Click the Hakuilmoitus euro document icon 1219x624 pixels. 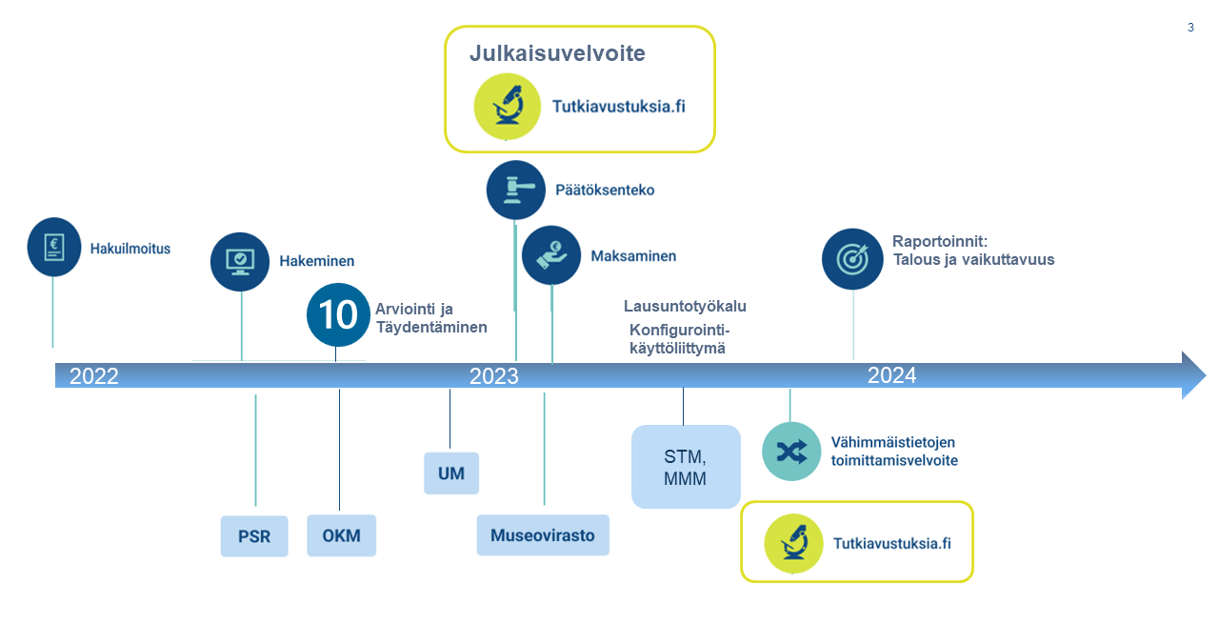(x=54, y=248)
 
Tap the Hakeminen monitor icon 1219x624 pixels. (x=240, y=260)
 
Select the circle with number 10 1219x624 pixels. (x=337, y=313)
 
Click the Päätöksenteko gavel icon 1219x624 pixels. (x=515, y=190)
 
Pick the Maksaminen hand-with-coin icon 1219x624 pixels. (x=551, y=255)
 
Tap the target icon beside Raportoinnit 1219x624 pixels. (x=852, y=258)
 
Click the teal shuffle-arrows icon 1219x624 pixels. (x=790, y=451)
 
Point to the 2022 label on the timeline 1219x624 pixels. (x=94, y=375)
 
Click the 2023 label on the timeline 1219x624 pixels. (x=493, y=376)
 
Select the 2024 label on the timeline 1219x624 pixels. (x=891, y=375)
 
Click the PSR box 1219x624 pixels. (x=254, y=536)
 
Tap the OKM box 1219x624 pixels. (x=341, y=535)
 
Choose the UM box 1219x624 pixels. (x=451, y=473)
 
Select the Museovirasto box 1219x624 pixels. (x=542, y=535)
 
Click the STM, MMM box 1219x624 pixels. (x=686, y=467)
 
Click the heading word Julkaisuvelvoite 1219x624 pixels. (x=557, y=53)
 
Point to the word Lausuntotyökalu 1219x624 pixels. (x=685, y=307)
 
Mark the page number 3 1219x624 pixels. (x=1190, y=28)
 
